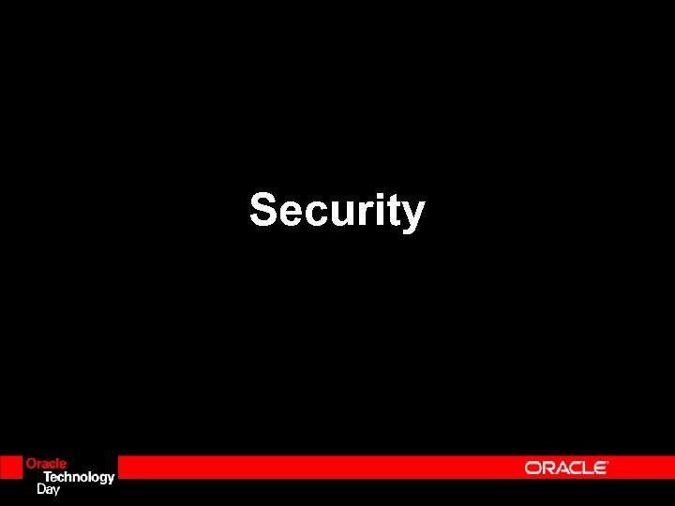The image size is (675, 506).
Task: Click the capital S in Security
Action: coord(262,210)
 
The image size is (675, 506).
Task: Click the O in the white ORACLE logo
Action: coord(533,468)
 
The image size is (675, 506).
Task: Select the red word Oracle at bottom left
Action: coord(46,464)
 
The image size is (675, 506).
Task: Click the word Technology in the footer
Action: coord(80,477)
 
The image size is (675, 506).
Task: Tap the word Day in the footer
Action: coord(48,489)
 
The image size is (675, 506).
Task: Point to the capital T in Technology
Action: coord(49,476)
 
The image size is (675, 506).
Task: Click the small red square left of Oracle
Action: coord(10,467)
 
